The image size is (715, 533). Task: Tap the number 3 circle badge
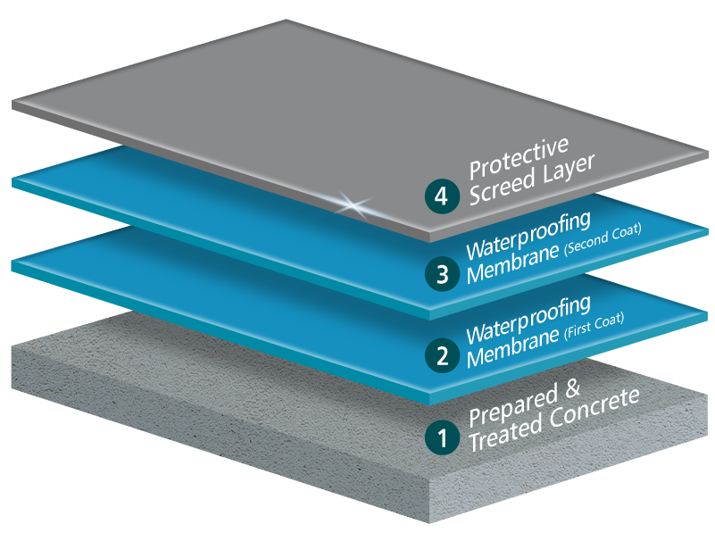(443, 274)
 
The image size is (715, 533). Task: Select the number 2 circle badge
(442, 355)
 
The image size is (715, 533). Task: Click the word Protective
(519, 157)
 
